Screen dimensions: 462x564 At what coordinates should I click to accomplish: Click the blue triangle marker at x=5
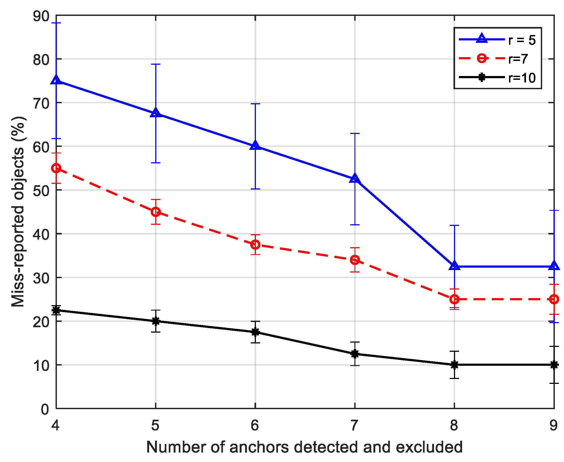(156, 113)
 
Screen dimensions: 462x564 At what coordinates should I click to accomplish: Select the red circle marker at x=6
(255, 245)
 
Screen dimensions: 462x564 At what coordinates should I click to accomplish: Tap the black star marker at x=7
(355, 354)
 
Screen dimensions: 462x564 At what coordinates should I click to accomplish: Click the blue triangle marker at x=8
(455, 266)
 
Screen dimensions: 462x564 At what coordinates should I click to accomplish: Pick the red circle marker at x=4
(56, 168)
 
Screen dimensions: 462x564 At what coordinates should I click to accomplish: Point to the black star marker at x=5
(156, 321)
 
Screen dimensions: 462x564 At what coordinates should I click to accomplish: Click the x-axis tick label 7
(354, 426)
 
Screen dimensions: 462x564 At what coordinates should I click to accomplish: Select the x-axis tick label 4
(56, 426)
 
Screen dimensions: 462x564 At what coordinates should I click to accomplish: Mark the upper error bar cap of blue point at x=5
(156, 64)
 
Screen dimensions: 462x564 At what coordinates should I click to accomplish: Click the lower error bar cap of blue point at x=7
(355, 225)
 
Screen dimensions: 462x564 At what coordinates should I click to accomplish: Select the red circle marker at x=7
(355, 260)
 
